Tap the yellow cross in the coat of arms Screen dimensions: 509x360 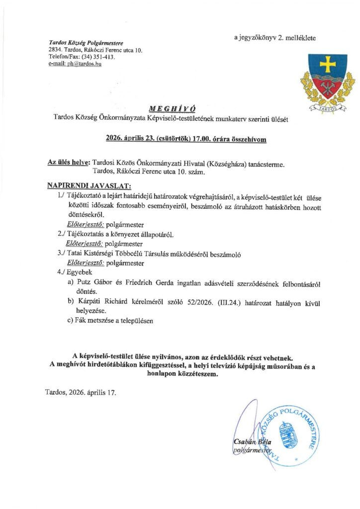click(328, 64)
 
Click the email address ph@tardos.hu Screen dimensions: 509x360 click(85, 64)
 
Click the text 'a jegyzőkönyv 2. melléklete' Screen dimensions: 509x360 click(274, 38)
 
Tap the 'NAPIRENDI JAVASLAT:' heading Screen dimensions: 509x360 click(89, 186)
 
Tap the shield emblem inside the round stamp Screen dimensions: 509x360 click(286, 437)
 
